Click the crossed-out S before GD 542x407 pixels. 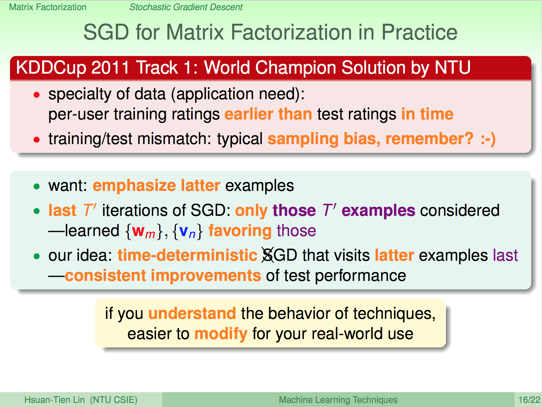[x=268, y=255]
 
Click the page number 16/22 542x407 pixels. [x=529, y=400]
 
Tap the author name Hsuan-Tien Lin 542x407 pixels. [x=55, y=400]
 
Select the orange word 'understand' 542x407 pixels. [x=192, y=313]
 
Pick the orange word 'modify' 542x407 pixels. [x=221, y=334]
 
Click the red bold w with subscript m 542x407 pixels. [x=143, y=232]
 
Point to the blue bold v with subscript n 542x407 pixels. [x=187, y=232]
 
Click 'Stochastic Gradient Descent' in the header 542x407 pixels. [x=186, y=7]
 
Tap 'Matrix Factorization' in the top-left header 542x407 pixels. [x=48, y=7]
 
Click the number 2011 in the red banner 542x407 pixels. [x=110, y=68]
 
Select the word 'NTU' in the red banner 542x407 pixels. [x=452, y=68]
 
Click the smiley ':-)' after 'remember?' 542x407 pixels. [x=488, y=139]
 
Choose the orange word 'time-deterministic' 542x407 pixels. [x=187, y=255]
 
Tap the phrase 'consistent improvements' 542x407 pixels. [x=163, y=276]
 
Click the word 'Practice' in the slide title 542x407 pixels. [x=419, y=32]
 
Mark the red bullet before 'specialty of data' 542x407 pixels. [x=37, y=94]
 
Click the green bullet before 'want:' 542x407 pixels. [x=37, y=186]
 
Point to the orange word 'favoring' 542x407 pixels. [x=240, y=231]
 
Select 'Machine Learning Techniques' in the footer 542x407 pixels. [x=338, y=400]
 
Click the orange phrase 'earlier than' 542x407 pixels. [x=268, y=114]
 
